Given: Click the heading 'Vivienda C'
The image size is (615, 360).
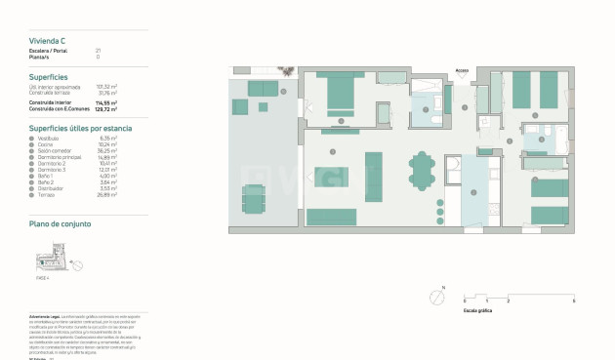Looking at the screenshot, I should (x=47, y=40).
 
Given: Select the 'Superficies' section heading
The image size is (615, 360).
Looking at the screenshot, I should (x=48, y=76).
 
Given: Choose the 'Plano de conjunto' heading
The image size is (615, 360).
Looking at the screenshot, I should (x=61, y=223).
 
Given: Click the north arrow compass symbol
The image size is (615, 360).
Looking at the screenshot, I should (x=436, y=297).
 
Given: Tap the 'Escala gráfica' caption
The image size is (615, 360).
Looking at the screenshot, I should (x=477, y=309).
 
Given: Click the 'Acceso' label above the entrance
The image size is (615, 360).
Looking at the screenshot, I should (x=463, y=70).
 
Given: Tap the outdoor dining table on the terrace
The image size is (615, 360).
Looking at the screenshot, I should (x=253, y=199).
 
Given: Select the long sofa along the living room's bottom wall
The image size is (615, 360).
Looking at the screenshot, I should (x=332, y=217).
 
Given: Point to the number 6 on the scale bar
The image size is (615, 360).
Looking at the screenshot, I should (x=573, y=301).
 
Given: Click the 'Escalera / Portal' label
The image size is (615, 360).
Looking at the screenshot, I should (x=48, y=50).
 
